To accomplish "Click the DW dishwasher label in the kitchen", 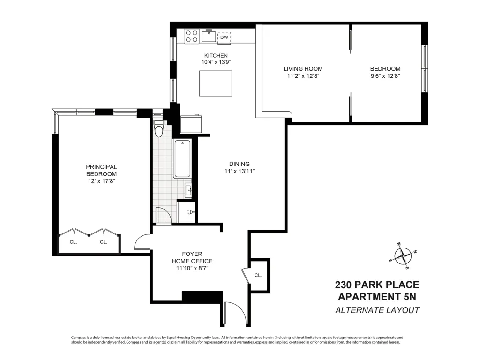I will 224,37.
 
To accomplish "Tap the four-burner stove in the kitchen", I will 191,36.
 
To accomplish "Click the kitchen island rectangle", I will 216,83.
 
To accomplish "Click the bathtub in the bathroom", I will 182,159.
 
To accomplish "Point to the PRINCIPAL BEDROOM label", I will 101,170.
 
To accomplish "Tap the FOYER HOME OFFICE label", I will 192,257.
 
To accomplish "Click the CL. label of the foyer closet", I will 258,275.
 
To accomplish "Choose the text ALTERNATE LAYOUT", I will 377,310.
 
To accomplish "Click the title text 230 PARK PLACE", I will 377,285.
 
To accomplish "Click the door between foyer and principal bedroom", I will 141,243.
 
